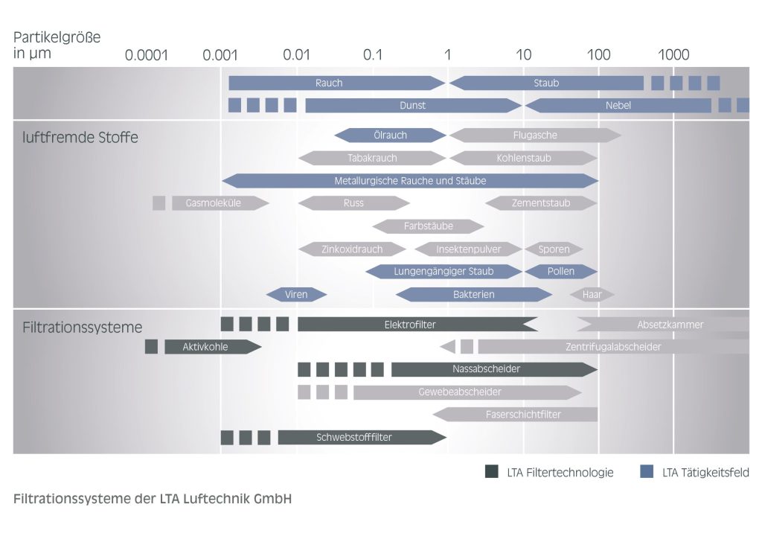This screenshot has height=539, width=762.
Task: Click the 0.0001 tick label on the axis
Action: (147, 55)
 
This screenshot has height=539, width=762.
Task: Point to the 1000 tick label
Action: (674, 55)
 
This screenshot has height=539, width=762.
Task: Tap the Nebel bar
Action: (618, 106)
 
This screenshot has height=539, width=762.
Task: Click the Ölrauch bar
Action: (390, 135)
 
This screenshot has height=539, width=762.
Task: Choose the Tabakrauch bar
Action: (372, 158)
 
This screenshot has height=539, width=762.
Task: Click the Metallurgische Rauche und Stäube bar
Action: (410, 181)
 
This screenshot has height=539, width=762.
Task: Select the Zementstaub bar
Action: (541, 202)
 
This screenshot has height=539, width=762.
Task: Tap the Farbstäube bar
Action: (429, 226)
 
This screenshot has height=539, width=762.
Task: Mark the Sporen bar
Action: (554, 249)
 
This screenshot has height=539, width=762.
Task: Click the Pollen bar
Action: (561, 271)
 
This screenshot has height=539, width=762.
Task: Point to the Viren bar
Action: (296, 294)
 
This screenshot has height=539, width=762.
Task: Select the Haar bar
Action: (592, 294)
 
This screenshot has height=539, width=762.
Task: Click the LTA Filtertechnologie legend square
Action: (491, 471)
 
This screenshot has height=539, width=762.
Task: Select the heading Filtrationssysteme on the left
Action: (83, 327)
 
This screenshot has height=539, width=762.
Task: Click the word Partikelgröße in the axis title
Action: (57, 37)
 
